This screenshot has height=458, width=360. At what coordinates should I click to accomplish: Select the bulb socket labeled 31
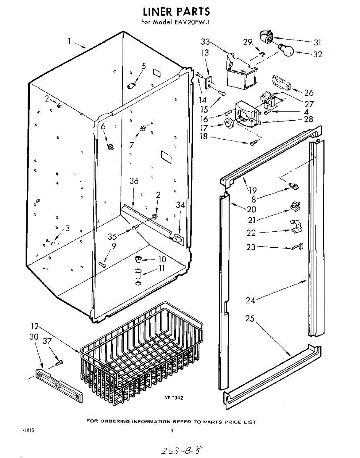click(266, 38)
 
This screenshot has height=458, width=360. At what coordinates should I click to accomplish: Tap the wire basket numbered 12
click(141, 351)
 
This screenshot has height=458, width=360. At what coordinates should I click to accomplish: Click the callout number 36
click(134, 181)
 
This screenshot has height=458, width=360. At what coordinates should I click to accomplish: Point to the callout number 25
click(250, 318)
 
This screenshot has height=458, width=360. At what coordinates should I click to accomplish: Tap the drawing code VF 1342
click(174, 398)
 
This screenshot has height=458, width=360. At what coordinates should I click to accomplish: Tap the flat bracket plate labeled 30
click(59, 385)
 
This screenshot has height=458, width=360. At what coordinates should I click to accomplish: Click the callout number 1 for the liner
click(69, 40)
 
